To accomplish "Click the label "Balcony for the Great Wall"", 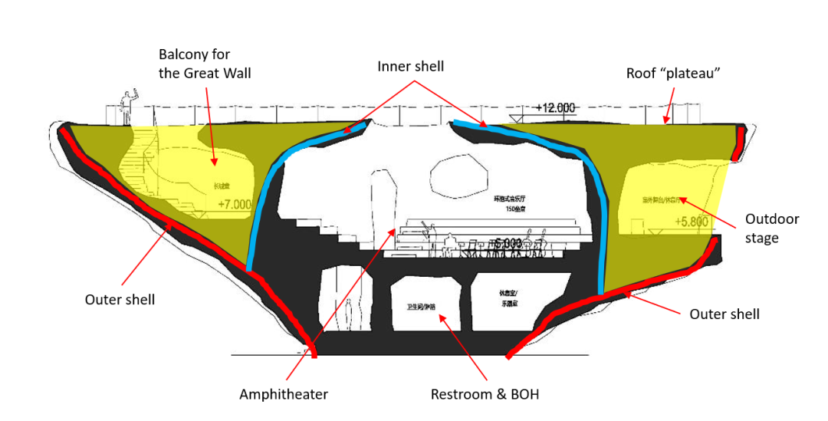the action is coord(205,64).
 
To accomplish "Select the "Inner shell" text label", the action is coord(410,67).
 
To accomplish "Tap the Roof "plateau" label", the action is coord(673,73).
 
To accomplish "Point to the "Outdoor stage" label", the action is coord(772,228).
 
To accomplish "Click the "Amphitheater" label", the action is coord(284,394).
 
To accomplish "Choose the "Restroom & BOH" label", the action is coord(485,394).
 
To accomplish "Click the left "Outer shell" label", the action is coord(120,299).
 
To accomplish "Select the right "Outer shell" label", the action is coord(724,314).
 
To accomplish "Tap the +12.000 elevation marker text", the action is coord(555,108).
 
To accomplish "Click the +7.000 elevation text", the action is coord(235,205).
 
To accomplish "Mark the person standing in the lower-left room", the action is coord(348,314).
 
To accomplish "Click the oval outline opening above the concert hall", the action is coord(458,176).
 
